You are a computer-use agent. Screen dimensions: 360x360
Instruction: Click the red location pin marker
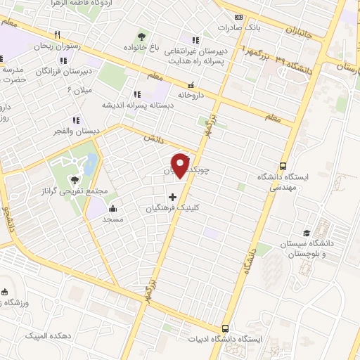pos(182,165)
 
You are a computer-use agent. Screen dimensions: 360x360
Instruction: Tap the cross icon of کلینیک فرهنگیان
pos(173,196)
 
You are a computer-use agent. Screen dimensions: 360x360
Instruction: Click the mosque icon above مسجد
pos(112,208)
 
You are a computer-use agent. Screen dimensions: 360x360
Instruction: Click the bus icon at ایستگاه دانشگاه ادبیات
pos(225,328)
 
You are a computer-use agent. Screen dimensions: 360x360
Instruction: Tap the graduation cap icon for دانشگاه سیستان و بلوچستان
pos(306,233)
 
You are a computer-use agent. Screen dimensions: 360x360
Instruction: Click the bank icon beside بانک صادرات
pos(238,18)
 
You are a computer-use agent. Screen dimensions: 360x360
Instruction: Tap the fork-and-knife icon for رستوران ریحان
pos(58,34)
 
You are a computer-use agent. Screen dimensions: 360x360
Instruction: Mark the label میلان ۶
pos(79,91)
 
